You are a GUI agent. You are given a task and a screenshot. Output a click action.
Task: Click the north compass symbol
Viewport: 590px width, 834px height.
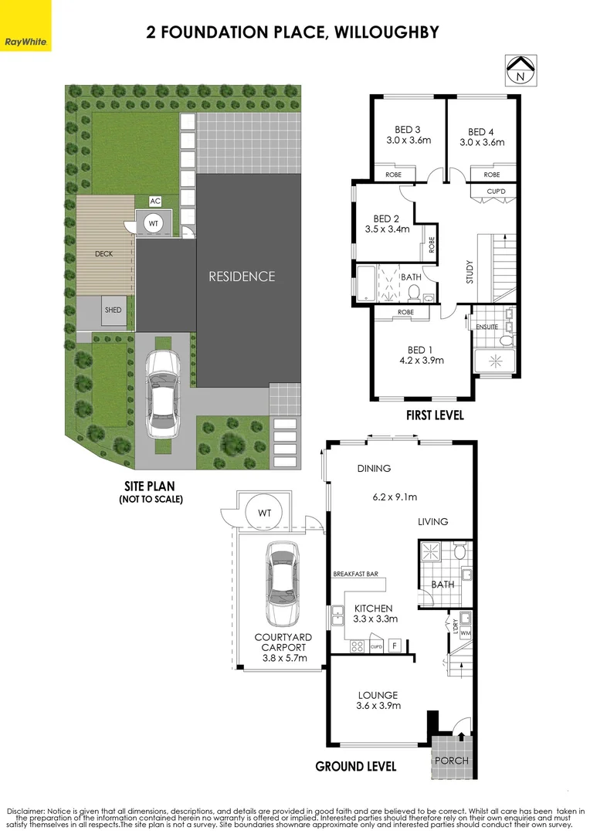[x=520, y=70]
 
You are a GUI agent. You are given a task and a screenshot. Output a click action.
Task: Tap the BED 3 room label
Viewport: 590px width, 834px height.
[x=407, y=131]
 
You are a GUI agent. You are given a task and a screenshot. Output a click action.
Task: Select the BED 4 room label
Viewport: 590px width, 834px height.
[x=482, y=131]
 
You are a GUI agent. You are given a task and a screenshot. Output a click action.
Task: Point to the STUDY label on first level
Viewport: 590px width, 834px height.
[x=470, y=272]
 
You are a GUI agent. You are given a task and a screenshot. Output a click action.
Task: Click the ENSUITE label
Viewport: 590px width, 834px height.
[x=487, y=327]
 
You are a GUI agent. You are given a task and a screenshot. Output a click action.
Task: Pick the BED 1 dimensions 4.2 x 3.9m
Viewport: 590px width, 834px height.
[x=421, y=360]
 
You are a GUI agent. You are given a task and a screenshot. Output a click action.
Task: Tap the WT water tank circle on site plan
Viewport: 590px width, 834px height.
[x=153, y=224]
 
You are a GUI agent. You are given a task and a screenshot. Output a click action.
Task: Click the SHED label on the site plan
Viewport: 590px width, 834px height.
[x=114, y=310]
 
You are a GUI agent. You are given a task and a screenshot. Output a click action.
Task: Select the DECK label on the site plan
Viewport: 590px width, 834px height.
[x=104, y=253]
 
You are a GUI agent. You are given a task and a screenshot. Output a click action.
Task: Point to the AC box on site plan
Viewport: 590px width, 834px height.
[x=155, y=201]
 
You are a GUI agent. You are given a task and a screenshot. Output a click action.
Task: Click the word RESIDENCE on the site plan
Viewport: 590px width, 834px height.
[x=242, y=276]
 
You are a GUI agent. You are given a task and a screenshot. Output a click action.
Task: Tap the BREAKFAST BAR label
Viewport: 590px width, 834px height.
[x=356, y=575]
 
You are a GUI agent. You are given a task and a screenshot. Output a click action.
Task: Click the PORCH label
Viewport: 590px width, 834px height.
[x=452, y=761]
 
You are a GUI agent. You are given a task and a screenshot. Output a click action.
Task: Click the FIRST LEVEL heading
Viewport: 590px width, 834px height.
[x=435, y=415]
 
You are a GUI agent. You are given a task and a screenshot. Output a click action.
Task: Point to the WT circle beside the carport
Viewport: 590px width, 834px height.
[x=264, y=512]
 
